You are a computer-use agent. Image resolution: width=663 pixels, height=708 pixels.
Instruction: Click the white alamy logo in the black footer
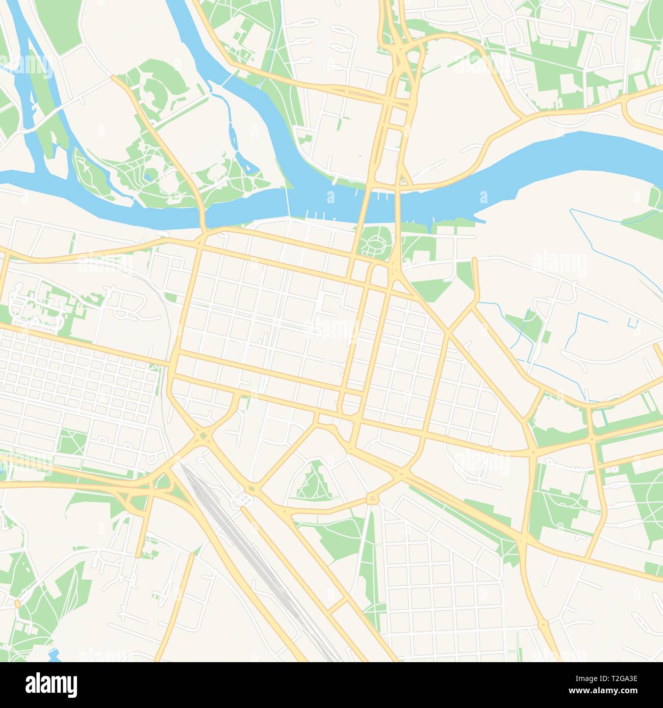(51, 685)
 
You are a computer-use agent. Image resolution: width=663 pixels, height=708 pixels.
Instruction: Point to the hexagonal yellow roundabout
(372, 498)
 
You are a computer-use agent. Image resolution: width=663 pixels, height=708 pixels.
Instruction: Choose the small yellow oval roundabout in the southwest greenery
(17, 604)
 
